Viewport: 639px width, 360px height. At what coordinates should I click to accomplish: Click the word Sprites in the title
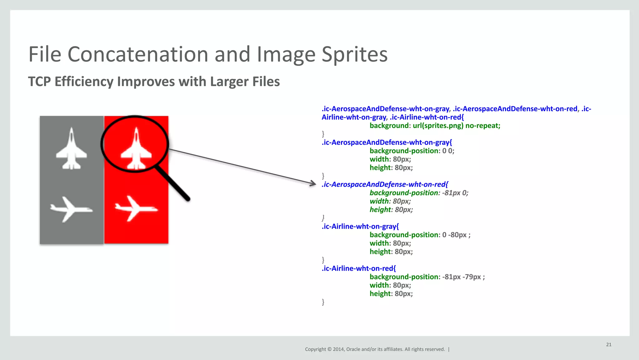(354, 54)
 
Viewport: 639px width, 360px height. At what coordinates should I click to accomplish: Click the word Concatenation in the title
(138, 54)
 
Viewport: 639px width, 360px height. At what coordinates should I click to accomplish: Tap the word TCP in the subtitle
(39, 82)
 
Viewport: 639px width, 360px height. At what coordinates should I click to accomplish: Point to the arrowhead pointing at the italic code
(313, 184)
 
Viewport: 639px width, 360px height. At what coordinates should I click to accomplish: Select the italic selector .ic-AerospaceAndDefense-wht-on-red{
(384, 185)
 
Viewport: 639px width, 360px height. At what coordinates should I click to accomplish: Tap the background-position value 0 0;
(448, 151)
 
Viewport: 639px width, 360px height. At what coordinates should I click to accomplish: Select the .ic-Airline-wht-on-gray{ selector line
(360, 226)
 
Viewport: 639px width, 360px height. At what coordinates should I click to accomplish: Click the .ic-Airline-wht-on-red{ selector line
(359, 269)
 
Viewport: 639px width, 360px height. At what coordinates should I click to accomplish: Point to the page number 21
(608, 345)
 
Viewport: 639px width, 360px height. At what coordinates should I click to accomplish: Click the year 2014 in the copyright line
(338, 349)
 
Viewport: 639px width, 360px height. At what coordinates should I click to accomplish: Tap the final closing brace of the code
(323, 302)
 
